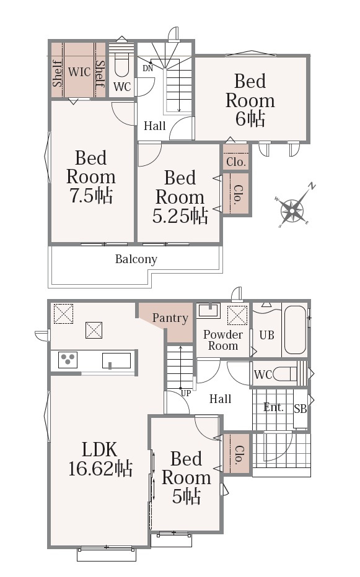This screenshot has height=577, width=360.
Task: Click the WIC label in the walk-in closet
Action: pyautogui.click(x=79, y=72)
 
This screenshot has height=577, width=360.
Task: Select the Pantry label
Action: pyautogui.click(x=170, y=318)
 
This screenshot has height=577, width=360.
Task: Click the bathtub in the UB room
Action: pyautogui.click(x=295, y=330)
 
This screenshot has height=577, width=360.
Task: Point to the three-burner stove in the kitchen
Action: pyautogui.click(x=68, y=359)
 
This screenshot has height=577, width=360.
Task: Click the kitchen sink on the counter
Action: pyautogui.click(x=116, y=360)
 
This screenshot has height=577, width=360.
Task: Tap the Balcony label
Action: pyautogui.click(x=136, y=259)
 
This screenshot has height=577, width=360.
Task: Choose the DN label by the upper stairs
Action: pyautogui.click(x=147, y=69)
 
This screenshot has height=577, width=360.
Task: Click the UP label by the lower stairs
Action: pyautogui.click(x=186, y=393)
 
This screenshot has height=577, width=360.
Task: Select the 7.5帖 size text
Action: pyautogui.click(x=91, y=195)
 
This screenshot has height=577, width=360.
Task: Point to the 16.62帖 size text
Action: pyautogui.click(x=100, y=469)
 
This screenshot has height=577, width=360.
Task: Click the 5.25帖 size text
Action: pyautogui.click(x=180, y=215)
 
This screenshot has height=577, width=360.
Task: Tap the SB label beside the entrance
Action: pyautogui.click(x=301, y=409)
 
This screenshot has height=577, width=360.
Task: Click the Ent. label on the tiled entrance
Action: pyautogui.click(x=274, y=407)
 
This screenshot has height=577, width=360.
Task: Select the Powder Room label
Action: pyautogui.click(x=223, y=340)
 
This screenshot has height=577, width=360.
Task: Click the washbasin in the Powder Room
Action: pyautogui.click(x=208, y=310)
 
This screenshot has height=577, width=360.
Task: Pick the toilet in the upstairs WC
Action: pyautogui.click(x=121, y=66)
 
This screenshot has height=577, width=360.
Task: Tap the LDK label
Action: pyautogui.click(x=100, y=449)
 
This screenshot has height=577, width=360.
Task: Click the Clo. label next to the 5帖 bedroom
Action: pyautogui.click(x=239, y=454)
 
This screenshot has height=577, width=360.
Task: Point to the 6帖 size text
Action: pyautogui.click(x=250, y=118)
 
